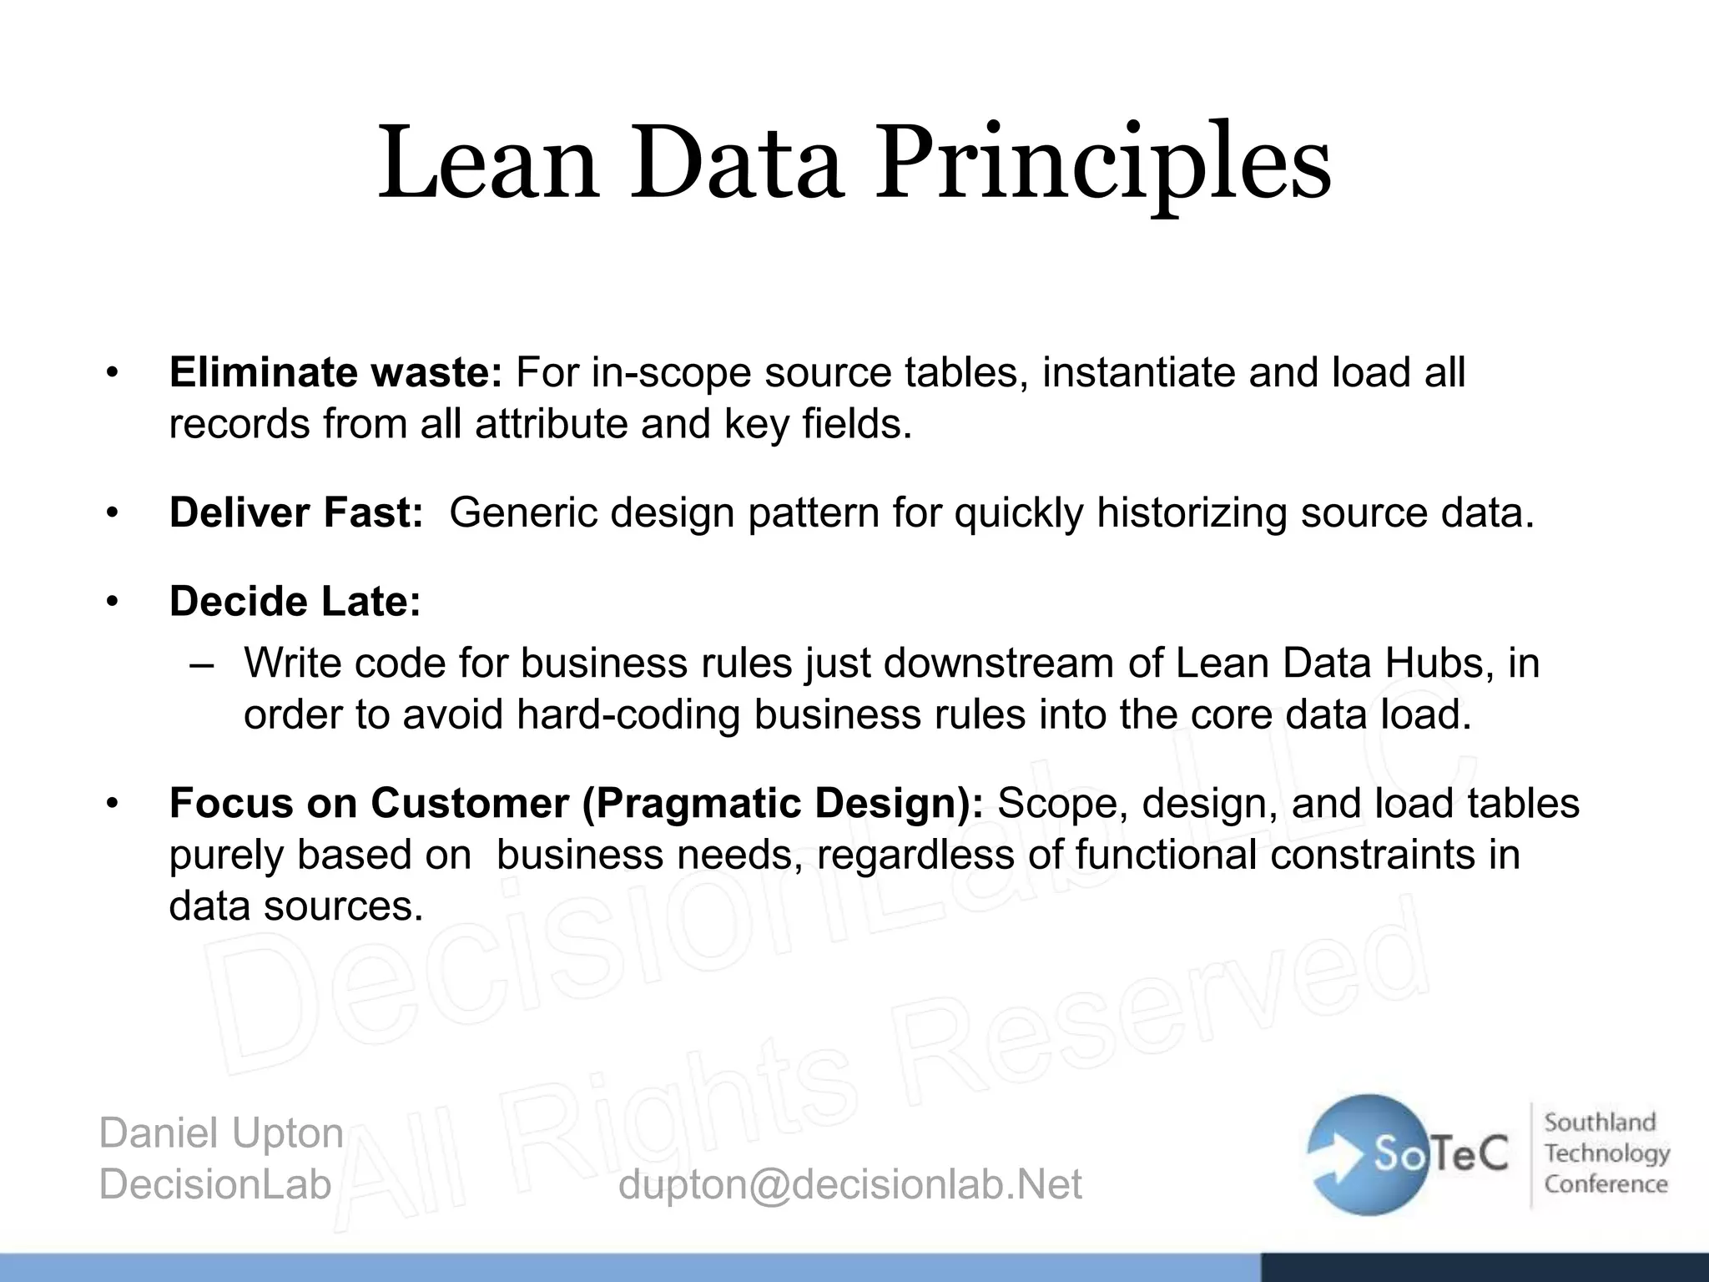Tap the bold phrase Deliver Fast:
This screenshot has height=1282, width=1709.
pyautogui.click(x=296, y=512)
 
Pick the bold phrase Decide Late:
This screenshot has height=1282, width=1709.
pyautogui.click(x=295, y=602)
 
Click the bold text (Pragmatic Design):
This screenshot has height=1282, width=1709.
pyautogui.click(x=783, y=804)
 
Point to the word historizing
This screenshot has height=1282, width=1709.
pyautogui.click(x=1192, y=512)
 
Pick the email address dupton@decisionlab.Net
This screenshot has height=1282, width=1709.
pyautogui.click(x=849, y=1184)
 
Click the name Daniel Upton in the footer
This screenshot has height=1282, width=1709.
pyautogui.click(x=221, y=1133)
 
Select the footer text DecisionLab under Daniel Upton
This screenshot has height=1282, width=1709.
pyautogui.click(x=215, y=1184)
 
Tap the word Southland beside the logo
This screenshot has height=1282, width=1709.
pyautogui.click(x=1600, y=1123)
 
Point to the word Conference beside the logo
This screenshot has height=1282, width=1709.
pyautogui.click(x=1606, y=1184)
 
